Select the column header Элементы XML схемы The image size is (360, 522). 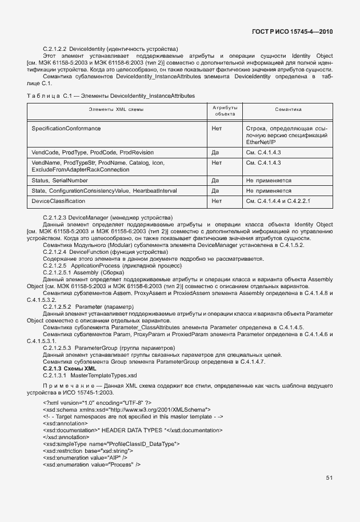click(x=116, y=109)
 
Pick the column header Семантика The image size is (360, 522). click(x=288, y=109)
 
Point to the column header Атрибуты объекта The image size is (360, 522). click(x=225, y=110)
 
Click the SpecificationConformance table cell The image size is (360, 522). click(x=58, y=129)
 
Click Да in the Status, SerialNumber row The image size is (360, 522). click(x=215, y=180)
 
